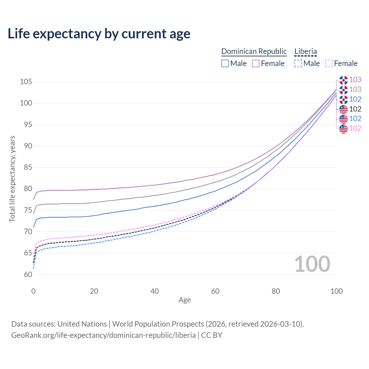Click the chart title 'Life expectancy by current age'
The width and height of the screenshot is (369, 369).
pyautogui.click(x=99, y=34)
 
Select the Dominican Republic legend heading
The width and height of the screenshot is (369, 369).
pyautogui.click(x=254, y=51)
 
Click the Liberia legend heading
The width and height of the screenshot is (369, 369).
pyautogui.click(x=306, y=51)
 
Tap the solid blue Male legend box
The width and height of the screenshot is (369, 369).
pyautogui.click(x=225, y=63)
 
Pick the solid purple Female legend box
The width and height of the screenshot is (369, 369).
pyautogui.click(x=256, y=63)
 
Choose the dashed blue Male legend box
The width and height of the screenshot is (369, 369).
pyautogui.click(x=298, y=63)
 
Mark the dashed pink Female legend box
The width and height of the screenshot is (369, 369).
pyautogui.click(x=329, y=63)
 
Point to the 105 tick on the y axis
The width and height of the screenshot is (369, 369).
pyautogui.click(x=26, y=82)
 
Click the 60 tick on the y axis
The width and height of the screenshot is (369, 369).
pyautogui.click(x=28, y=274)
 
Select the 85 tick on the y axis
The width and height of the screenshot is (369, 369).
pyautogui.click(x=26, y=167)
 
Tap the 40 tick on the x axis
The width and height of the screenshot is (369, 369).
pyautogui.click(x=155, y=291)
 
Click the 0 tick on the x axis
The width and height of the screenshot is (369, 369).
pyautogui.click(x=33, y=291)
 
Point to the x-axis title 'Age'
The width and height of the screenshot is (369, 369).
pyautogui.click(x=184, y=300)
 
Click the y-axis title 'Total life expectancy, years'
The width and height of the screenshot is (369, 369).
pyautogui.click(x=12, y=179)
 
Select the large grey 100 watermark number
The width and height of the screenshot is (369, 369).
pyautogui.click(x=312, y=264)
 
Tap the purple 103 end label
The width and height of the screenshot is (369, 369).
pyautogui.click(x=355, y=80)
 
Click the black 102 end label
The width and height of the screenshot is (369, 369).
pyautogui.click(x=355, y=109)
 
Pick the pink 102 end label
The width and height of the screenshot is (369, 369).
pyautogui.click(x=355, y=128)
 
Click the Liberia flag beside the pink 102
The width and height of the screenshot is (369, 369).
pyautogui.click(x=343, y=129)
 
